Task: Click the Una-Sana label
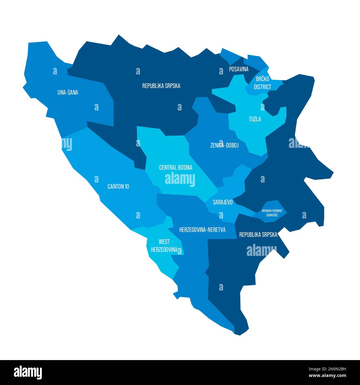click(x=68, y=93)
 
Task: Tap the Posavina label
click(x=239, y=69)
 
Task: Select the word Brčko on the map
click(x=263, y=79)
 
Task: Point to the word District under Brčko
click(x=263, y=87)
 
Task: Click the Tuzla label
click(x=255, y=119)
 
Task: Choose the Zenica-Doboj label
click(x=224, y=145)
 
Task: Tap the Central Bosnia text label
click(x=176, y=168)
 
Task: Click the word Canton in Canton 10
click(x=115, y=186)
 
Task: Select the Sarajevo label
click(x=223, y=202)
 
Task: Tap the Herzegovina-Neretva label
click(x=202, y=230)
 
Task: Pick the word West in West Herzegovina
click(x=164, y=242)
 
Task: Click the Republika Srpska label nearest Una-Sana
click(x=161, y=86)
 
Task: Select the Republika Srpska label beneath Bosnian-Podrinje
click(x=258, y=235)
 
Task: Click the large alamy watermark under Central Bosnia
click(x=180, y=179)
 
